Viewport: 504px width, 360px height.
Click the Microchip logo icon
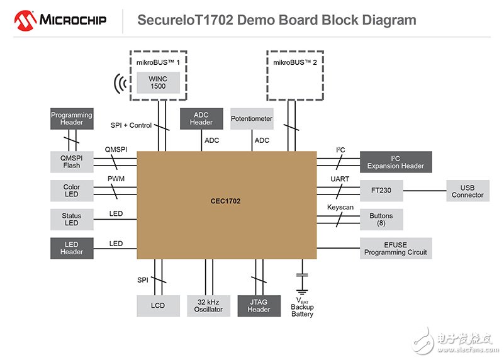26,21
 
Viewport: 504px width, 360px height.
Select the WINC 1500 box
159,82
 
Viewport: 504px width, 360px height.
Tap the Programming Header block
72,119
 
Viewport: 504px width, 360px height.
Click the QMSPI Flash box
72,162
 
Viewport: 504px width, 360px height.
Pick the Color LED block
72,191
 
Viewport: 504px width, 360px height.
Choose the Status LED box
72,219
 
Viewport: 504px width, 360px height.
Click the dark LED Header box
72,248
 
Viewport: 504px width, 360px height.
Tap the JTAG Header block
259,305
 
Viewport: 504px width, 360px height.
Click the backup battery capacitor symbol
302,276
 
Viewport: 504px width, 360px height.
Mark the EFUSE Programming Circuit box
396,248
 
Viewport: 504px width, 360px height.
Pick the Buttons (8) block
381,219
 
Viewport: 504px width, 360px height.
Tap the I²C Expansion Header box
396,162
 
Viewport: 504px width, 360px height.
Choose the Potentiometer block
252,118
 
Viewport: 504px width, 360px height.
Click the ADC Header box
201,118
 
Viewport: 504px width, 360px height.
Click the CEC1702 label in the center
225,201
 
